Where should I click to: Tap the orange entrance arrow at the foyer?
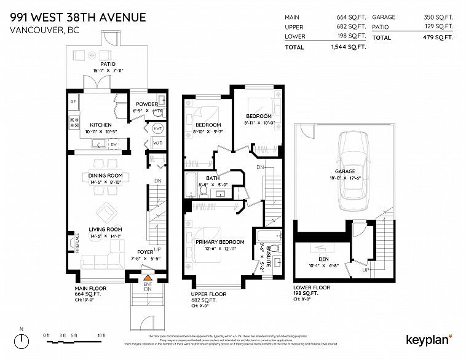147,280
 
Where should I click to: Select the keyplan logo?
429,338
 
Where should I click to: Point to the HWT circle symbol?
157,128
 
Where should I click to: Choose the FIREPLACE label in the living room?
77,244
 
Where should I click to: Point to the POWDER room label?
147,104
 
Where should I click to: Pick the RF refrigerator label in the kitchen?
73,102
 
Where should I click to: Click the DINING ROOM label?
106,175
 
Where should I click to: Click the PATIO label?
108,63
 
